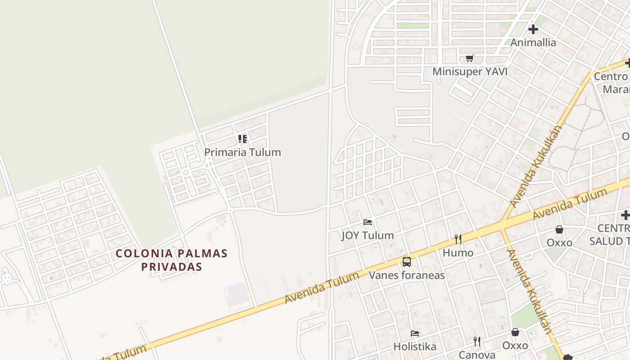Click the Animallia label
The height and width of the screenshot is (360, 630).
(533, 43)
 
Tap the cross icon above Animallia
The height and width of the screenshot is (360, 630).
(533, 30)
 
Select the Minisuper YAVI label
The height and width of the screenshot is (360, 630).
(470, 72)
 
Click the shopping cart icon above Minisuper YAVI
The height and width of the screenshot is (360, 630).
(470, 58)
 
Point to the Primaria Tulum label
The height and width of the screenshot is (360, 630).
(243, 152)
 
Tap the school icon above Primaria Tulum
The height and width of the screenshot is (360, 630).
(243, 139)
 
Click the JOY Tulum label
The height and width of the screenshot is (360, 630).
(368, 235)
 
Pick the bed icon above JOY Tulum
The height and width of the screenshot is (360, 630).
(368, 222)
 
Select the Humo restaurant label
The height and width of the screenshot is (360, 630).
(458, 253)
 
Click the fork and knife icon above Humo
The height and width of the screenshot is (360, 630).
(458, 239)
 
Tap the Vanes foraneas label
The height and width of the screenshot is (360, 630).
(407, 275)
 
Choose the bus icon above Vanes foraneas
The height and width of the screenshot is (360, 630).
(407, 261)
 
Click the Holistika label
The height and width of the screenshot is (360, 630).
(415, 346)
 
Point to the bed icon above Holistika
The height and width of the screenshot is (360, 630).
(415, 333)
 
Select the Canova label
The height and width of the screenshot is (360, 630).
(477, 355)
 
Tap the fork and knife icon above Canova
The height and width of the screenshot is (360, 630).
(477, 342)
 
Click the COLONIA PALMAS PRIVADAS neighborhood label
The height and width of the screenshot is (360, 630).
(171, 260)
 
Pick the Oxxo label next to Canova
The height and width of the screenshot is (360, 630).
(515, 346)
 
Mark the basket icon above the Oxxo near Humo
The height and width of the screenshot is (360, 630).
(559, 229)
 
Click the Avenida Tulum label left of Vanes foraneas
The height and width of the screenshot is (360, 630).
(322, 288)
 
